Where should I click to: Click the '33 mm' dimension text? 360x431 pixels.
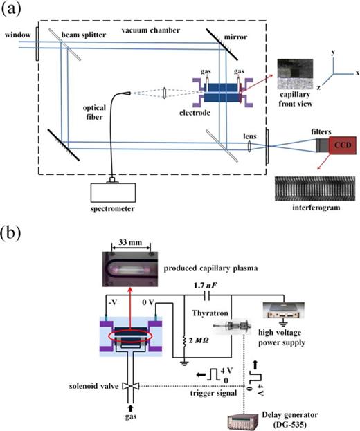pos(138,244)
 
